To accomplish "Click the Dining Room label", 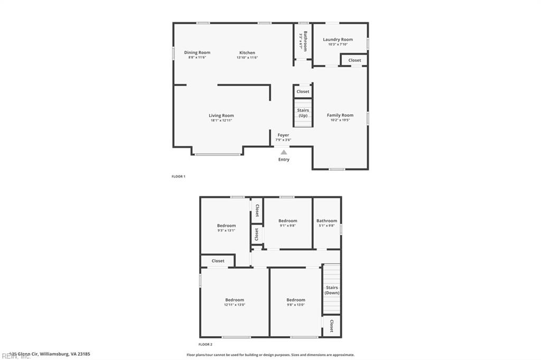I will point(197,52).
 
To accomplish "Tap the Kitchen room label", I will point(247,53).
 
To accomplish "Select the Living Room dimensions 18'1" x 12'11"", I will point(221,120).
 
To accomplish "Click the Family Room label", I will point(340,115).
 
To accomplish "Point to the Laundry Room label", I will point(338,40).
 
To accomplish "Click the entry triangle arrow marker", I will point(284,152).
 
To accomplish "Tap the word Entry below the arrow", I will point(284,159).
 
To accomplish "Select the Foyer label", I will point(283,135).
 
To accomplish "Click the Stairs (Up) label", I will point(303,112).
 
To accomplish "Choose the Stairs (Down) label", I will point(331,290).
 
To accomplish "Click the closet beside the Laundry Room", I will point(355,60).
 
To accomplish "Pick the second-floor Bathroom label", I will point(327,221).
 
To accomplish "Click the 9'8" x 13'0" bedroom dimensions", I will point(295,305).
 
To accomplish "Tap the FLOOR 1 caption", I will point(179,176).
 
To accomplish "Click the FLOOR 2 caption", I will point(206,344).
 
